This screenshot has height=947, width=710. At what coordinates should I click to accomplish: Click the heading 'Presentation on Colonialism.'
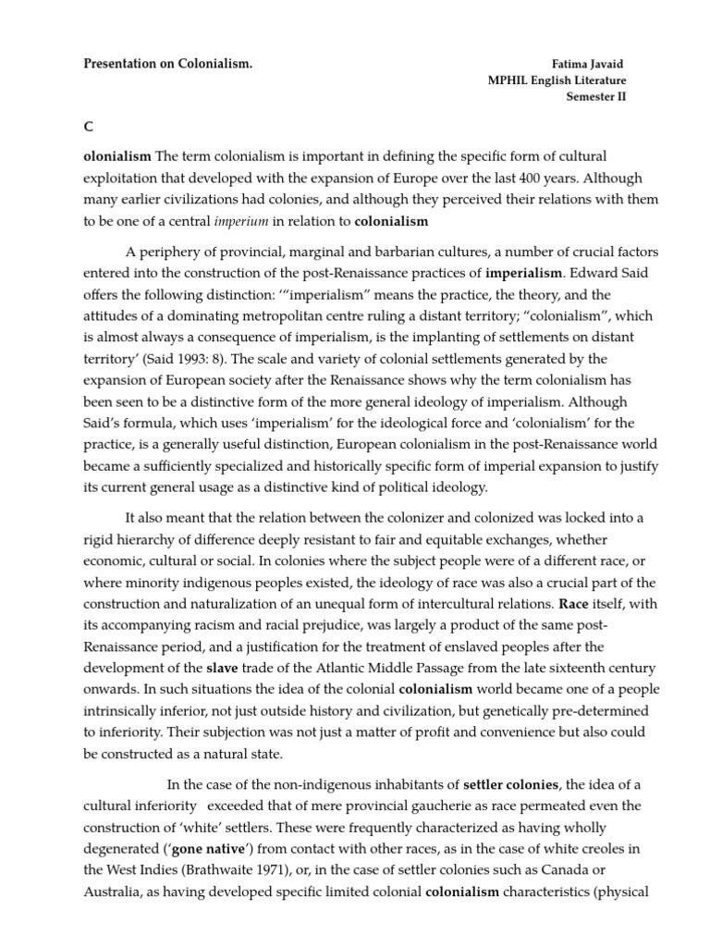point(167,64)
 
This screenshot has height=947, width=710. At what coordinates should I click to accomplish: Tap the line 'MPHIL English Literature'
point(557,80)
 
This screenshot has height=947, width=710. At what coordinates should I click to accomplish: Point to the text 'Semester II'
point(595,97)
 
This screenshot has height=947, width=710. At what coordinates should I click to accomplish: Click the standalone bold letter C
point(88,128)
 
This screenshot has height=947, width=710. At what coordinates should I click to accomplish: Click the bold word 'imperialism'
point(523,273)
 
